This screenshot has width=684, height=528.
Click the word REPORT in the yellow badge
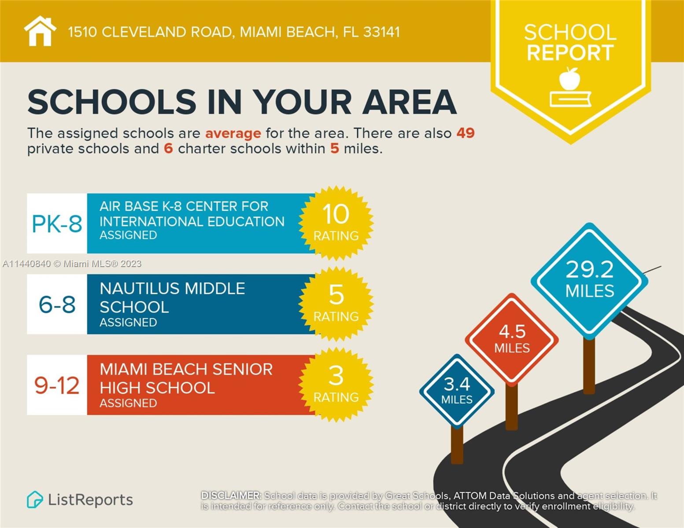570,53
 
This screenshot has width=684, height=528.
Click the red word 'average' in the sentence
233,133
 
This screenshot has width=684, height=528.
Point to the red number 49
466,133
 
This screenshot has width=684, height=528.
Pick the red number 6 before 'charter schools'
168,148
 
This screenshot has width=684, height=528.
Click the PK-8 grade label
57,224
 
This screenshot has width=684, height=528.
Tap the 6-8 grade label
57,304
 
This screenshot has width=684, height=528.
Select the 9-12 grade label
57,385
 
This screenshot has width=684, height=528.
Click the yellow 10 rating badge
336,223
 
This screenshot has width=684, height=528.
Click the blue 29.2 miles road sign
589,280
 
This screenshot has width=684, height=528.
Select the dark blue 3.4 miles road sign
457,391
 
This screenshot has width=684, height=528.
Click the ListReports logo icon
35,500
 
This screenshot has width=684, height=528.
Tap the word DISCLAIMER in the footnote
231,495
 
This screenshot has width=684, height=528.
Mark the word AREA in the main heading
410,102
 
